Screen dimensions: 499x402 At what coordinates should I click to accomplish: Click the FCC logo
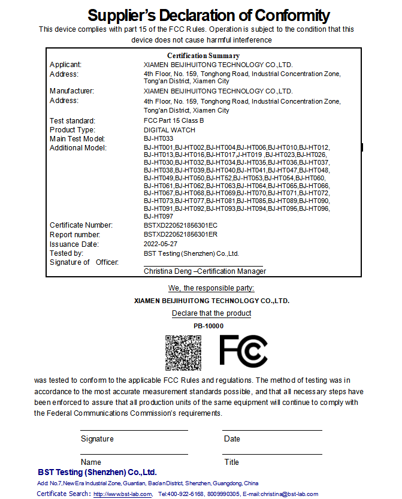point(243,351)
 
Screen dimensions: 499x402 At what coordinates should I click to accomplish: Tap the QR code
point(183,352)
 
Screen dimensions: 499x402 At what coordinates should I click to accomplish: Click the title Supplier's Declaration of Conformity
point(208,15)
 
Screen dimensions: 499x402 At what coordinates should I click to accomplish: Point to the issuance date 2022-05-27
point(161,244)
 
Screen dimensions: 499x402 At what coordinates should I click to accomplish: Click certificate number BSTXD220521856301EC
point(180,225)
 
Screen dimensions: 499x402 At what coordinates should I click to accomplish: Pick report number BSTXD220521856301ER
point(180,235)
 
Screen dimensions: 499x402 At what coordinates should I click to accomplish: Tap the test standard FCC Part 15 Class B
point(174,121)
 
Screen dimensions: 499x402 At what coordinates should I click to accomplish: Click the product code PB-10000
point(208,326)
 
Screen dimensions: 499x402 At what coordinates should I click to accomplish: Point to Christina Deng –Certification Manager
point(205,271)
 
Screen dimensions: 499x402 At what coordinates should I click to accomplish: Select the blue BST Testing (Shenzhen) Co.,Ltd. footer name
point(97,473)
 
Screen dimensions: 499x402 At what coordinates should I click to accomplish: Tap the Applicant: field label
point(65,65)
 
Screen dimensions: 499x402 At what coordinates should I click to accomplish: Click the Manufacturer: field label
point(72,91)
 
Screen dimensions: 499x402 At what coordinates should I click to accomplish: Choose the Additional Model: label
point(78,148)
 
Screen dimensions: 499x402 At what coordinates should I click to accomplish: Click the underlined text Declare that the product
point(211,313)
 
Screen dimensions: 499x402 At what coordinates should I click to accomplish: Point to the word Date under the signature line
point(232,439)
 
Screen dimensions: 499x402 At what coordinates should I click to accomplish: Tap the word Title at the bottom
point(231,462)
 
